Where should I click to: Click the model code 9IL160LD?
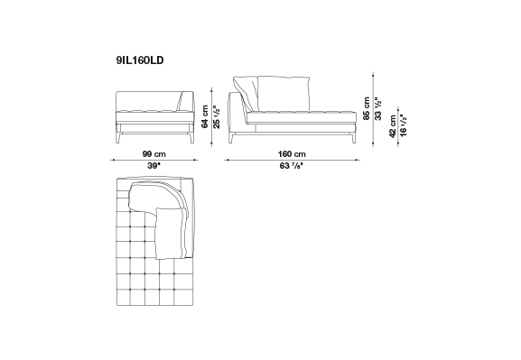tap(140, 60)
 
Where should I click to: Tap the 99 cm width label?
tap(154, 154)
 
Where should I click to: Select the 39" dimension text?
tap(154, 166)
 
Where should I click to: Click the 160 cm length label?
tap(292, 154)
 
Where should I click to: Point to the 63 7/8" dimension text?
tap(292, 166)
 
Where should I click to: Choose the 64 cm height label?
tap(205, 116)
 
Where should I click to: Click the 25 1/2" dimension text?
tap(217, 116)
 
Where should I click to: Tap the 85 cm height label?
tap(367, 108)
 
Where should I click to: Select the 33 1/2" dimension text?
tap(377, 108)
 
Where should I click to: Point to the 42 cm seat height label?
tap(393, 126)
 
